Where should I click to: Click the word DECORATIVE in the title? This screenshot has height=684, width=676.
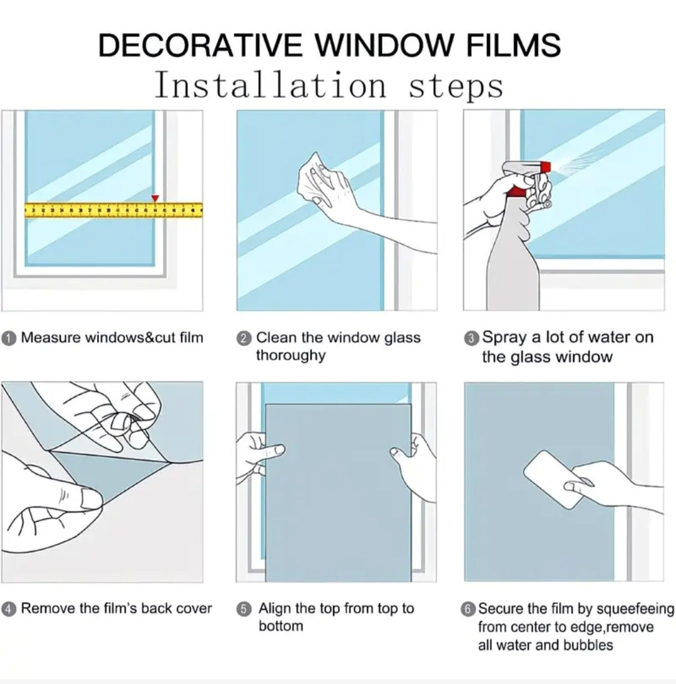coord(200,45)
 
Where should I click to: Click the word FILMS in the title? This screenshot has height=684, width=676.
coord(513,45)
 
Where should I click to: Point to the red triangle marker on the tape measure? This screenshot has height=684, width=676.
coord(155,198)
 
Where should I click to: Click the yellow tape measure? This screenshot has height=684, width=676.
coord(113,210)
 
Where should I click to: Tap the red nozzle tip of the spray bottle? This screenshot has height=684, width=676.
coord(546,166)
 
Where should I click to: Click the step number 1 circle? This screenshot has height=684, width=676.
coord(9,338)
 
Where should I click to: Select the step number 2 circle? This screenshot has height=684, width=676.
coord(244,338)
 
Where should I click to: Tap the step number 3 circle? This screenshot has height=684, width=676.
coord(471,338)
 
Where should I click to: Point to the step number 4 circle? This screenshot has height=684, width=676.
coord(9,609)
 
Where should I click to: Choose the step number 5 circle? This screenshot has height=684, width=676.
coord(244,609)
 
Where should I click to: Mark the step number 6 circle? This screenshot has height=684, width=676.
coord(468,609)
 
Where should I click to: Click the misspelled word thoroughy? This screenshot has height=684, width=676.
coord(291,356)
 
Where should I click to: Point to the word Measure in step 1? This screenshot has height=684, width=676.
coord(51,338)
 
